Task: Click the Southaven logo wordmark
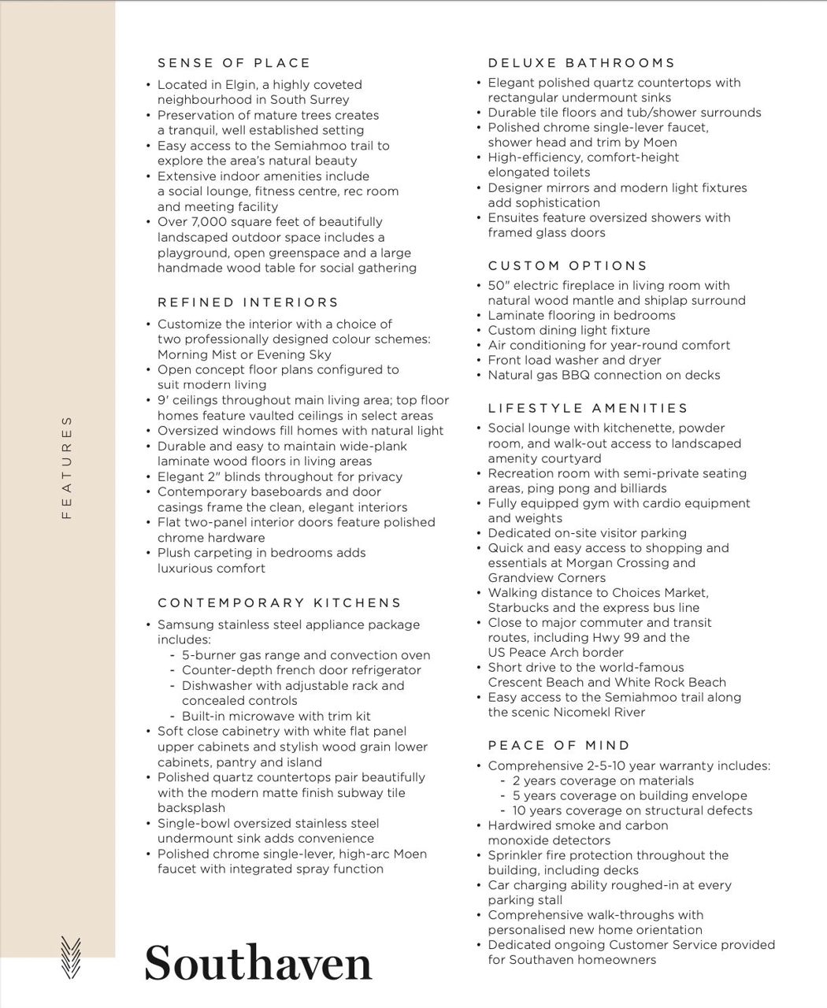[258, 962]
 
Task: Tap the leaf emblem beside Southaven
[70, 957]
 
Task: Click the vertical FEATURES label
[67, 468]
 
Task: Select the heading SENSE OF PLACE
[234, 63]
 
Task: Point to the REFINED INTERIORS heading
[248, 302]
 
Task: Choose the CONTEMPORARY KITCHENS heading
[280, 603]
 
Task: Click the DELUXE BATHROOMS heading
[581, 63]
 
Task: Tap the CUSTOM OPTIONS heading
[568, 266]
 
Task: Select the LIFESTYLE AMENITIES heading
[588, 409]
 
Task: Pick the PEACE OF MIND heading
[559, 746]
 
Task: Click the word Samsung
[186, 624]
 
